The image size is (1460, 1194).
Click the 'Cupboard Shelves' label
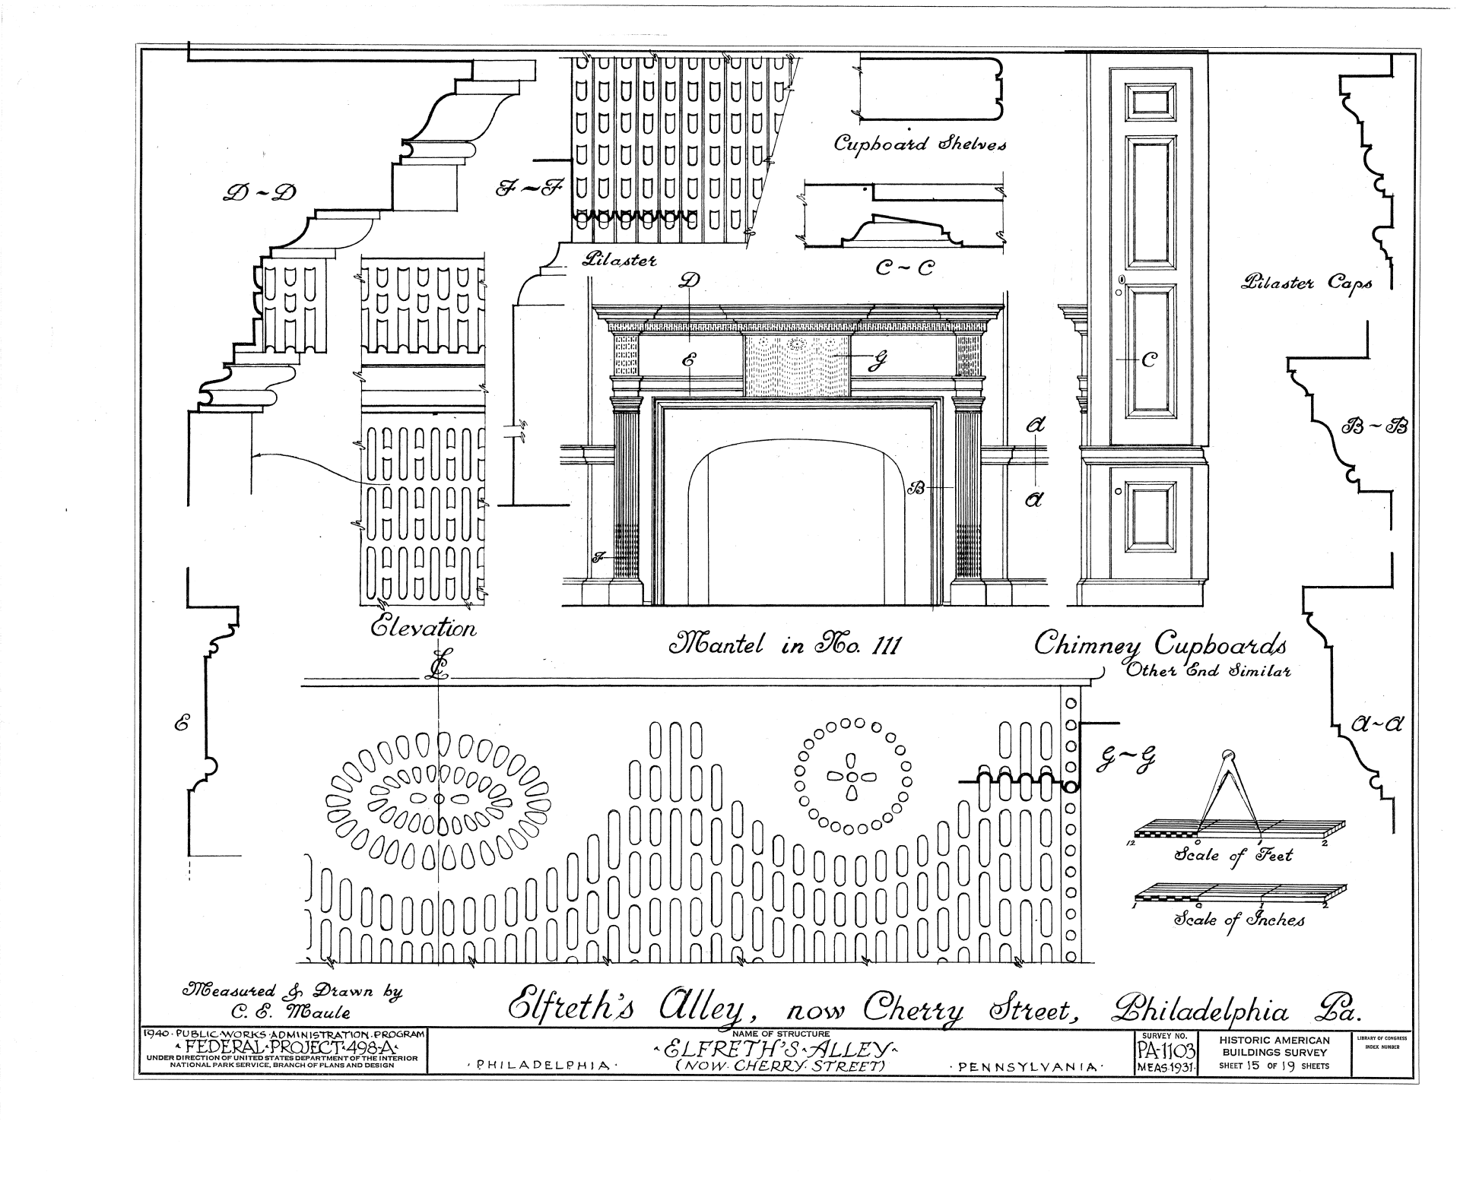pos(919,143)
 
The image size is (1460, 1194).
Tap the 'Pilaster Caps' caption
pos(1306,283)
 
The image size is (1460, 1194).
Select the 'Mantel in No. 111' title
pos(782,645)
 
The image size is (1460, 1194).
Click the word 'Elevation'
pos(423,628)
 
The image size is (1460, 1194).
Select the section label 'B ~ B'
pos(1373,426)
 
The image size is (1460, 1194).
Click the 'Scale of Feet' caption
pos(1233,855)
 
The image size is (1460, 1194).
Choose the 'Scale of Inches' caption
pos(1239,920)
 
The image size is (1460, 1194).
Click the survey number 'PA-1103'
pos(1165,1051)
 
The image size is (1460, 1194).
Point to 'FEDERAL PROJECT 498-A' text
pos(282,1047)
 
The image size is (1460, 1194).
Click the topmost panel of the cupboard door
pos(1147,101)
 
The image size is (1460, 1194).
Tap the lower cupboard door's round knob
pos(1119,492)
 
